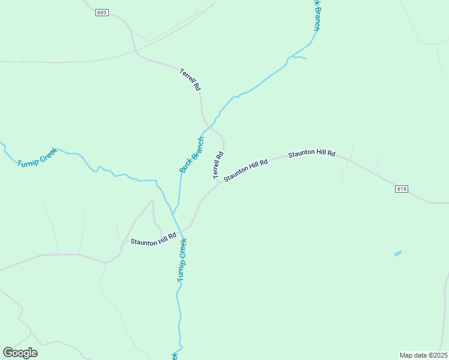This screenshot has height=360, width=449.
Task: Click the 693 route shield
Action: (x=102, y=13)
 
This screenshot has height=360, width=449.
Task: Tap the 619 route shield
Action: (x=402, y=189)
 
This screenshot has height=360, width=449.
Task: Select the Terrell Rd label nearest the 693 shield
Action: (x=190, y=79)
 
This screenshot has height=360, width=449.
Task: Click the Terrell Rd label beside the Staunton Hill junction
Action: (x=217, y=164)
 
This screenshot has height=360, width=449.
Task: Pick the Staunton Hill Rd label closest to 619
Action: (x=312, y=154)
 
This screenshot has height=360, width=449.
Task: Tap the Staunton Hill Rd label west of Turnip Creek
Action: (x=154, y=239)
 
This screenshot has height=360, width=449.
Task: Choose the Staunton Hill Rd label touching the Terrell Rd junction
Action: (x=245, y=171)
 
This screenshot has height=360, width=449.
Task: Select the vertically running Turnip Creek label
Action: (x=182, y=260)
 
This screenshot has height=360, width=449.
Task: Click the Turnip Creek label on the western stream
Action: (x=37, y=157)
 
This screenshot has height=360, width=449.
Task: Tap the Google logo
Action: (x=20, y=353)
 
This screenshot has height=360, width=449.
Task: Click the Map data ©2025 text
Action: (x=423, y=355)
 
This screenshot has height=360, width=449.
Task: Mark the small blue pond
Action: (x=398, y=253)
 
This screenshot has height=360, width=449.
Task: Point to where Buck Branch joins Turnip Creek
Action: (x=173, y=214)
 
